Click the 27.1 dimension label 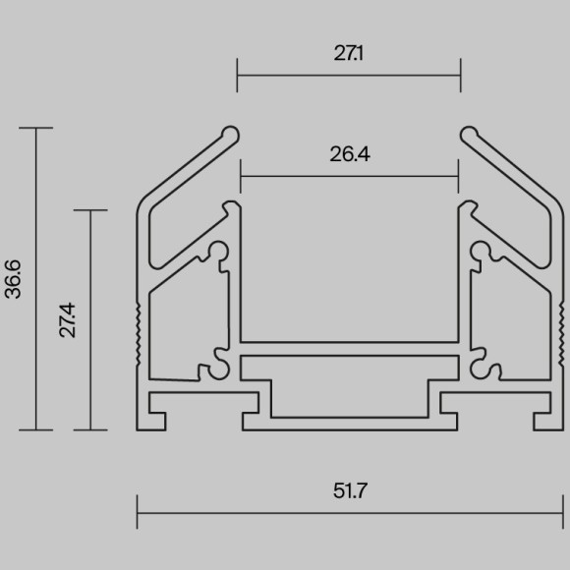(348, 53)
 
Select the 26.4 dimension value (350, 154)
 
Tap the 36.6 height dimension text (13, 279)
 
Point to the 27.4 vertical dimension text (68, 320)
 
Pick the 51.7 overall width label (350, 490)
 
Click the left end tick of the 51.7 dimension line (137, 512)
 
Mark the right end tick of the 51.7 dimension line (563, 512)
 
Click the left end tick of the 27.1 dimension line (237, 76)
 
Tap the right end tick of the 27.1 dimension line (461, 76)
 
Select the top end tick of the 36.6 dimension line (36, 128)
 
